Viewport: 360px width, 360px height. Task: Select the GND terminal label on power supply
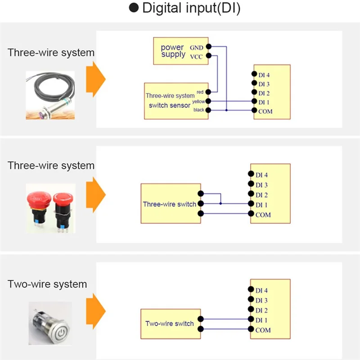point(196,47)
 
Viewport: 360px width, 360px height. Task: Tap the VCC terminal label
point(196,57)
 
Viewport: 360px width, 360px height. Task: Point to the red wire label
point(200,92)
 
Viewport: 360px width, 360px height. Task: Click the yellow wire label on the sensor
point(198,102)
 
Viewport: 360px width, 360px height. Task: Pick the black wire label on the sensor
point(198,110)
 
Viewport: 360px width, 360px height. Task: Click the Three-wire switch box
point(171,203)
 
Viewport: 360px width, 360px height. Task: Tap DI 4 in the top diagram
point(264,75)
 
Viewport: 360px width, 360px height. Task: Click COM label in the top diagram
point(265,111)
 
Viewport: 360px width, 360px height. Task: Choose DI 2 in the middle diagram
point(261,195)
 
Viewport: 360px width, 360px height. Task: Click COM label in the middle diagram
point(263,215)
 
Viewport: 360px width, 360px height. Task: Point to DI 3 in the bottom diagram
point(261,300)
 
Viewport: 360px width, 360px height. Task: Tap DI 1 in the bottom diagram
point(261,320)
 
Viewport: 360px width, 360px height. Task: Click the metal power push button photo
point(49,323)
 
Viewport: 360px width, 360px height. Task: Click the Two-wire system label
point(47,284)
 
